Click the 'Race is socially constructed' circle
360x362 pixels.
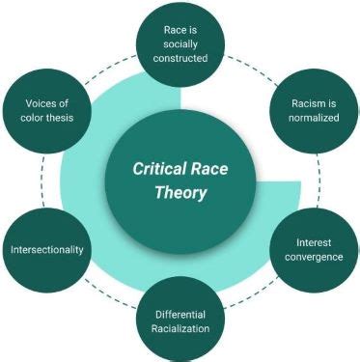tap(180, 43)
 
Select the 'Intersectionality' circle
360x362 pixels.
tap(47, 249)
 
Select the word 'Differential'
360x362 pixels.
tap(180, 313)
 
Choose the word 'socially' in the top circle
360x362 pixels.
tap(180, 43)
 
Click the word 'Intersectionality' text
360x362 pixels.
tap(47, 249)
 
